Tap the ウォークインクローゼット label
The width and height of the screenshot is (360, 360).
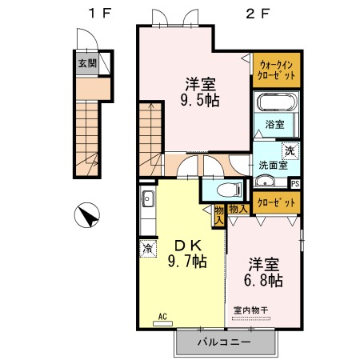pyautogui.click(x=276, y=70)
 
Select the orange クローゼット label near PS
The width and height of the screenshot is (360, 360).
pyautogui.click(x=275, y=203)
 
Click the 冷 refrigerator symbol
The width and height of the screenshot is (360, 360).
pyautogui.click(x=147, y=250)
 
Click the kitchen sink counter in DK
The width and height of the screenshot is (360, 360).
pyautogui.click(x=147, y=211)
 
